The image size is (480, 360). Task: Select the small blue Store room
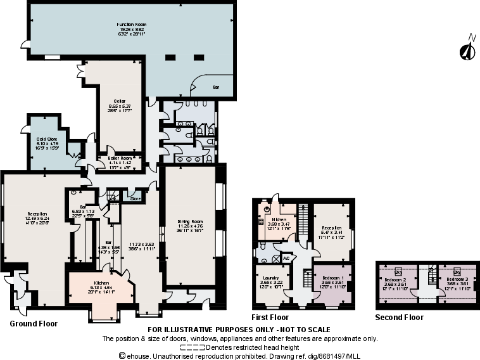point(134,198)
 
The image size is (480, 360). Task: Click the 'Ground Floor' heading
point(34,324)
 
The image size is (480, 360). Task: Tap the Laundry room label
point(272,278)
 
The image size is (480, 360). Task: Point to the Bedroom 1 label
point(332,278)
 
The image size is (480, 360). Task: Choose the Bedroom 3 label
point(457,279)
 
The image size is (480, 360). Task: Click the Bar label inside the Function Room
point(215,86)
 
